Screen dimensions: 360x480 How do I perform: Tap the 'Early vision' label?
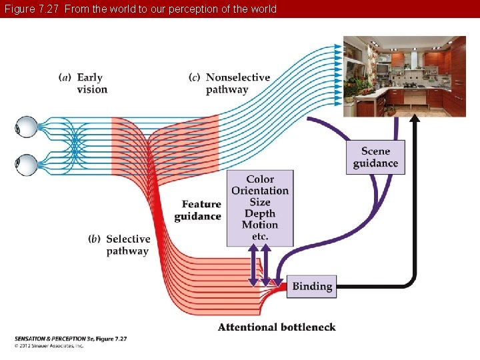(92, 83)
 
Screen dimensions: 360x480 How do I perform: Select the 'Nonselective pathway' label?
(237, 83)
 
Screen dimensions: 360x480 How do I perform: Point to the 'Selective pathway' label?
(128, 245)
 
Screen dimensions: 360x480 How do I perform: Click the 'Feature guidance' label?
(199, 210)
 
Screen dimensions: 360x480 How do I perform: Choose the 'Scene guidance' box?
(375, 157)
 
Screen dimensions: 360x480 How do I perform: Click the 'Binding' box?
(311, 286)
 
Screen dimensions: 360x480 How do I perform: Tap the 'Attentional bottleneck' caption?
(277, 327)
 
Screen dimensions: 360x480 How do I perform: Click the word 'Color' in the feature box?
(260, 179)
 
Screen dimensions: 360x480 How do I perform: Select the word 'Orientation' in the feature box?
(260, 191)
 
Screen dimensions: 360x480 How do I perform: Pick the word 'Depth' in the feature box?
(260, 213)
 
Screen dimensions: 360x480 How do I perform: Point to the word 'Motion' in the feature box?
(260, 225)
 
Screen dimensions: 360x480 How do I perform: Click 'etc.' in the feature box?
(260, 236)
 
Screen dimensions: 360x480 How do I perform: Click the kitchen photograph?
(404, 75)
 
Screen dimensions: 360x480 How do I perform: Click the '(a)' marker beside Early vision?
(65, 77)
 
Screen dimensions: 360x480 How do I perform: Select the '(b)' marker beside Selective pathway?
(95, 239)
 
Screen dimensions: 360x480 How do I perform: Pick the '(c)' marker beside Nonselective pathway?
(195, 77)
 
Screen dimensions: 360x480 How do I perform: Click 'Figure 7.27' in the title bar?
(29, 9)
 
